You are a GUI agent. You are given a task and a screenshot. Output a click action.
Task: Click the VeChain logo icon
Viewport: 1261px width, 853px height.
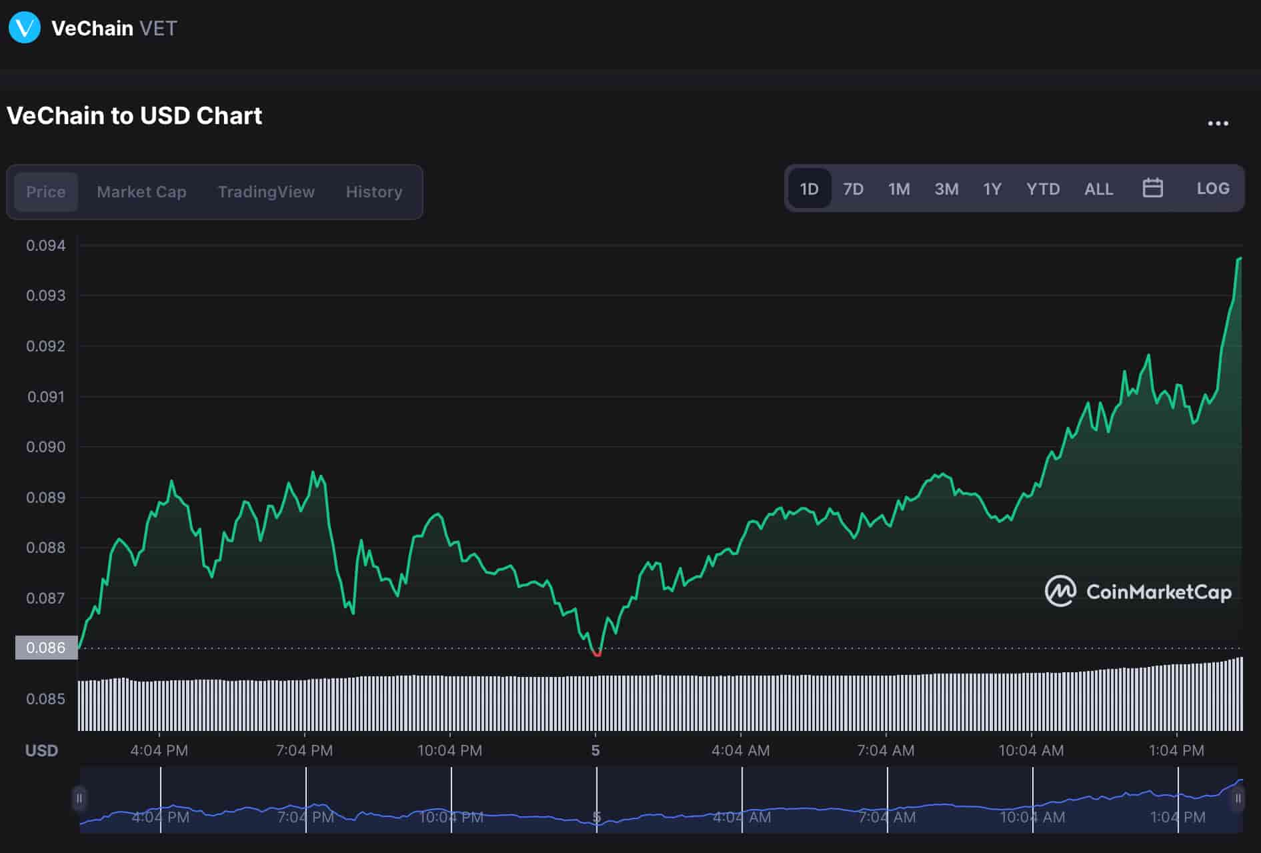(25, 28)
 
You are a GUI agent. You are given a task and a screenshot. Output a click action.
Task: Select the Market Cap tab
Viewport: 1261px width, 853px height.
(141, 192)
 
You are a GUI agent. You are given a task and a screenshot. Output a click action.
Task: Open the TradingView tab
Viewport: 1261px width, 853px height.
(266, 192)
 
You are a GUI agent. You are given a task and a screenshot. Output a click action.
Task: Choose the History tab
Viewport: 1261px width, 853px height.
(373, 192)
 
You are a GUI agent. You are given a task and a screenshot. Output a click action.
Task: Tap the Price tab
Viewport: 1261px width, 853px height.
(46, 192)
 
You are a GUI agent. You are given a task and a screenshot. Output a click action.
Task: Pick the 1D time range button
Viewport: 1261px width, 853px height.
(809, 189)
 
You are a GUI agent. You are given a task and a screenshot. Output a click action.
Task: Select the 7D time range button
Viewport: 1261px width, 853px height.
(853, 189)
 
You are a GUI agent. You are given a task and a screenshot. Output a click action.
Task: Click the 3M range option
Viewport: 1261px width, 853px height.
(946, 189)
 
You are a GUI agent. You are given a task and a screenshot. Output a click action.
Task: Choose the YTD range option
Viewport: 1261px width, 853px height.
(1043, 189)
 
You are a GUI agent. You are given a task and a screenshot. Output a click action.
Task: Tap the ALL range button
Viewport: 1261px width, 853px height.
(1098, 189)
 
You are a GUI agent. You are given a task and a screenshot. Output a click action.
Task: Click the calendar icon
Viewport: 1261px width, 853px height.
(1152, 188)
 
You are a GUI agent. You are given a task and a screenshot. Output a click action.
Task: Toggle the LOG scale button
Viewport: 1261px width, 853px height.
(1212, 189)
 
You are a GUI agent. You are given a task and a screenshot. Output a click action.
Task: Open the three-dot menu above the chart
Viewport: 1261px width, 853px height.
(1218, 123)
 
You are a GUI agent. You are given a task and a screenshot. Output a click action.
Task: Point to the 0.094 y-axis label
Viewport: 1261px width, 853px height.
(46, 245)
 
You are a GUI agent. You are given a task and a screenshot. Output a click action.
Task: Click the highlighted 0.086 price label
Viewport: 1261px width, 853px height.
(46, 648)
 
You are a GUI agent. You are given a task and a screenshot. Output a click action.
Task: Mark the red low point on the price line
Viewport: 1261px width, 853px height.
(597, 654)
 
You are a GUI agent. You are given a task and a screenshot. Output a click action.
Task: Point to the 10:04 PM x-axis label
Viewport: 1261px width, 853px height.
(449, 750)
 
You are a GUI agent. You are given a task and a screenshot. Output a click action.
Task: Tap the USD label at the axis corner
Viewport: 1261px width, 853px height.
(41, 750)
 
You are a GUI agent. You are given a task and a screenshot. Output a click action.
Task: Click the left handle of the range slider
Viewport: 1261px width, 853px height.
(79, 798)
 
